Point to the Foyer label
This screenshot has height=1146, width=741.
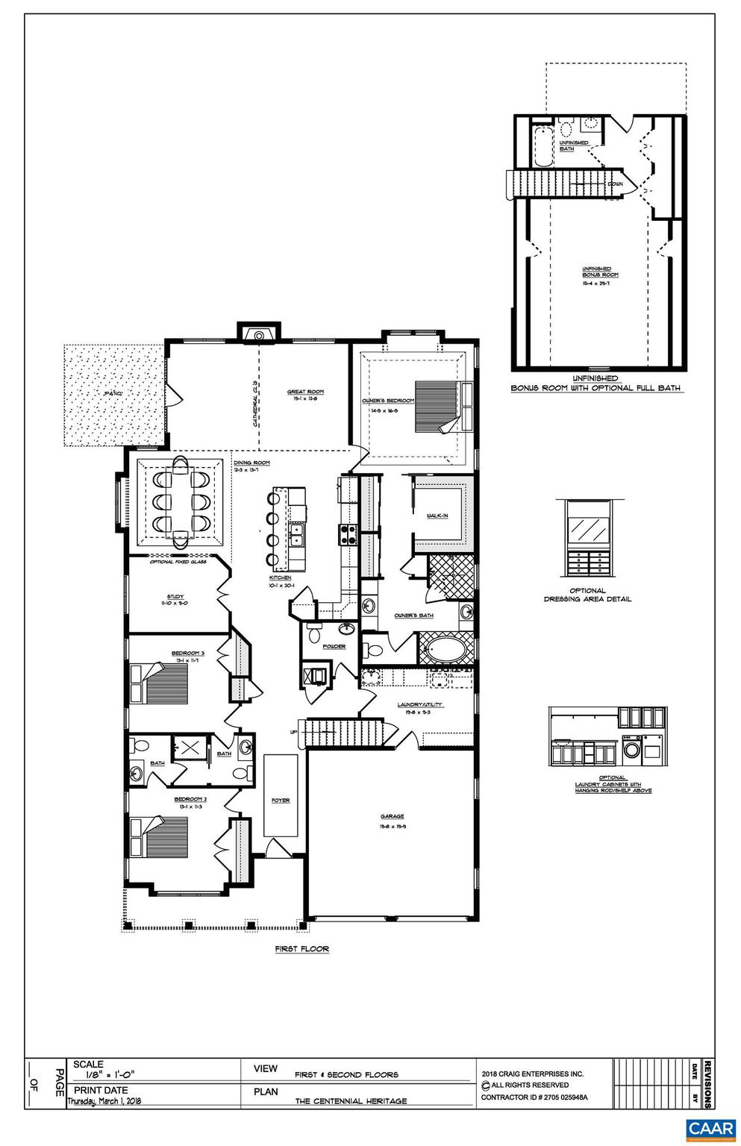[281, 801]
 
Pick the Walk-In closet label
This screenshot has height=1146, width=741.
[437, 516]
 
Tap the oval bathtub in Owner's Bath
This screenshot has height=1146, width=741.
[446, 649]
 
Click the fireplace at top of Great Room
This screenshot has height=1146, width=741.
[258, 334]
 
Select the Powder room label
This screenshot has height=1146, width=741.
[334, 646]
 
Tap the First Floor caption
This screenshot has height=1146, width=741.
[301, 949]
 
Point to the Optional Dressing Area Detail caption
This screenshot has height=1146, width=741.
[588, 595]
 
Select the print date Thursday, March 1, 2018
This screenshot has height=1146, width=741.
[104, 1101]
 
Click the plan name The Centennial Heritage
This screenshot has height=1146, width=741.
[351, 1101]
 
